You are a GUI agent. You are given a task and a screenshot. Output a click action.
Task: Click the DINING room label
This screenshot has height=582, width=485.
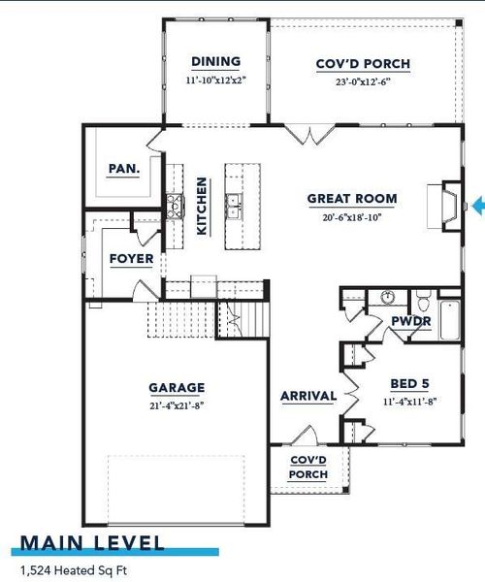tap(215, 61)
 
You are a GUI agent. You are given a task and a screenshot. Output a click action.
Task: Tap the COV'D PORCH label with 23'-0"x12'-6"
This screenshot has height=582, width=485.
tap(363, 65)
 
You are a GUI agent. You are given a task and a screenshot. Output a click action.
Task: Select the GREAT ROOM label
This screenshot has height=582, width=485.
tap(352, 199)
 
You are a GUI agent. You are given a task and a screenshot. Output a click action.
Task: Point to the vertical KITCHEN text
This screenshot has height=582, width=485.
tap(202, 206)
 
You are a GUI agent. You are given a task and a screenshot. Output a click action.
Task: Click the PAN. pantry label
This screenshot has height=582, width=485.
tap(123, 168)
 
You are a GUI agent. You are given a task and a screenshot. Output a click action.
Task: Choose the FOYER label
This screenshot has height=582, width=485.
tap(129, 259)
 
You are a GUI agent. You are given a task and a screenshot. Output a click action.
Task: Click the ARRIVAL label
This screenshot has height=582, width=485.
tap(308, 396)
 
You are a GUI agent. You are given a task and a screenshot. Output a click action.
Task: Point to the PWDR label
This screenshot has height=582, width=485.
tap(410, 321)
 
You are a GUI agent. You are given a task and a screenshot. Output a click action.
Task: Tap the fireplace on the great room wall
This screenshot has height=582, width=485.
tap(448, 206)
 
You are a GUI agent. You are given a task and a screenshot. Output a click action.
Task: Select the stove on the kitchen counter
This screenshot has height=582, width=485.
tap(175, 204)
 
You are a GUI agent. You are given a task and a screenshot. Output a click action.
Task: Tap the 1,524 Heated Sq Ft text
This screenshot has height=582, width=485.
tap(74, 571)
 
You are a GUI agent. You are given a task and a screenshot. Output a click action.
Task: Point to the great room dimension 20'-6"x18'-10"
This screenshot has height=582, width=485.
tap(352, 216)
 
